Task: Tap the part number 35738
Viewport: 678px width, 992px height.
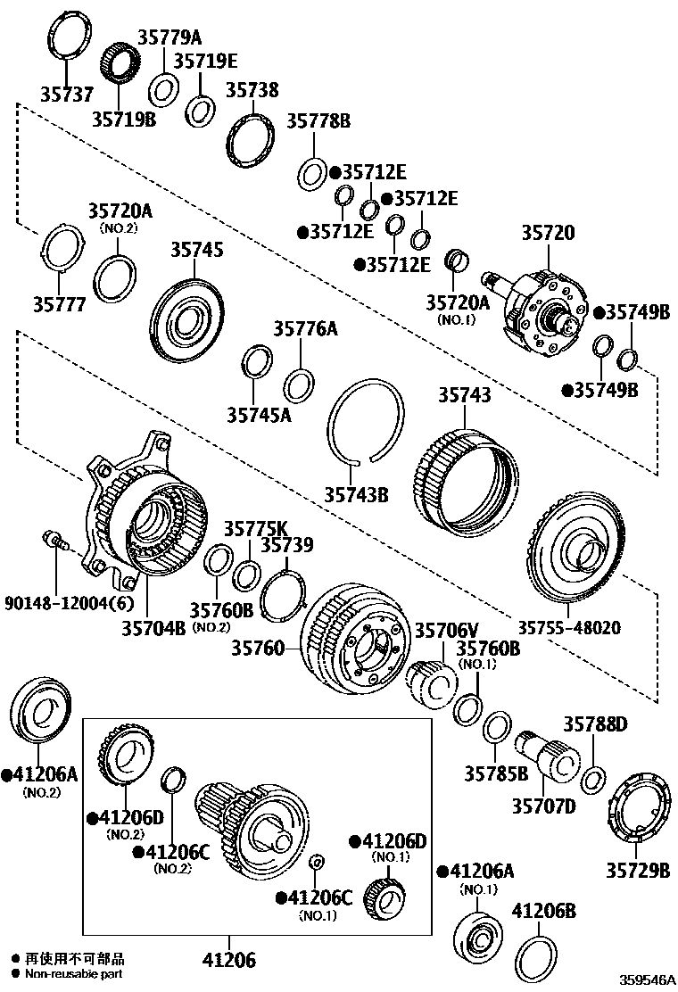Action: [252, 91]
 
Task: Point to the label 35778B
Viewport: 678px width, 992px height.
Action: [318, 120]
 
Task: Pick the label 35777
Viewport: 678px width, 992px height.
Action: [60, 304]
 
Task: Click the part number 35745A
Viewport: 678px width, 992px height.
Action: [259, 414]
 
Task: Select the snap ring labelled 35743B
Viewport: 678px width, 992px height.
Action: [363, 418]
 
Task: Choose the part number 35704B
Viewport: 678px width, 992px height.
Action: [153, 627]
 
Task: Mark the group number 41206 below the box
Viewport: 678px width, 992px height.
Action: [227, 960]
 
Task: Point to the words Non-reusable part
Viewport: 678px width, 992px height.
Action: [75, 973]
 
